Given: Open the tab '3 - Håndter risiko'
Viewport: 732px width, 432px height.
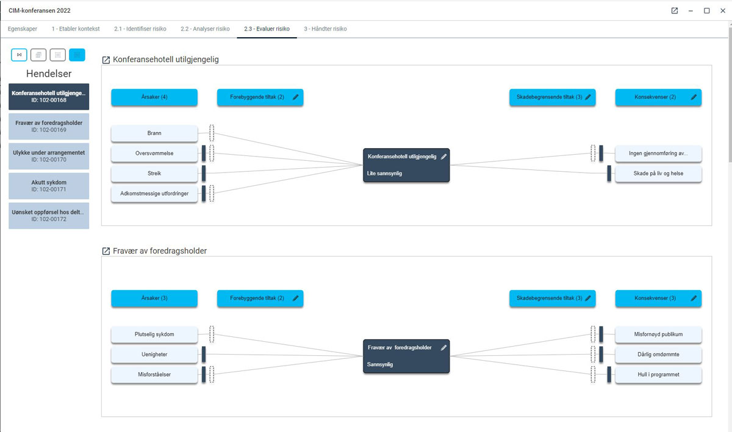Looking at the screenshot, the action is coord(325,29).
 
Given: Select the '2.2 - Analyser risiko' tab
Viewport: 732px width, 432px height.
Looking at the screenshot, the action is coord(205,29).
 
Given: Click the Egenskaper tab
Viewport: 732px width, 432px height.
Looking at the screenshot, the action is coord(23,29).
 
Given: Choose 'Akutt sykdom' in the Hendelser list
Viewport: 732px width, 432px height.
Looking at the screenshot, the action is coord(49,186).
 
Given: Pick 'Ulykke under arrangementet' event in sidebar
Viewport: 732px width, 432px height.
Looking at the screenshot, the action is coord(49,156).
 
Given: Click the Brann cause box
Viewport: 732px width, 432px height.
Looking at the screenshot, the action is coord(154,133).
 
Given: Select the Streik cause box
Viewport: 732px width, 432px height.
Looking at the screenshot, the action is coord(154,174).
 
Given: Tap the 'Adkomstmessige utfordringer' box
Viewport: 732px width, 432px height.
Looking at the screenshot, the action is coord(154,194).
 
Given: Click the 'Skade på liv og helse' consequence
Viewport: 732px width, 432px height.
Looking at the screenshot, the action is coord(658,174).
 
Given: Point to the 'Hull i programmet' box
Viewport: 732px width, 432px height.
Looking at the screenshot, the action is coord(658,375).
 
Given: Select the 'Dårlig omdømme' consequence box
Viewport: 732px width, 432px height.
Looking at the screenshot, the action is coord(658,355).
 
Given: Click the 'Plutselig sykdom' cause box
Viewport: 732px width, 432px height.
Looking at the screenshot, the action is coord(154,335).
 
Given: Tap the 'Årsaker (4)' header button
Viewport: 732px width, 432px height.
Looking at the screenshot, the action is coord(154,97).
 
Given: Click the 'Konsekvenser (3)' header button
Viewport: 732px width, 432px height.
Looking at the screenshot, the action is coord(658,298).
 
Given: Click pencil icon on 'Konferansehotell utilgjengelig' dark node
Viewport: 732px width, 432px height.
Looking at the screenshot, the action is coord(443,157).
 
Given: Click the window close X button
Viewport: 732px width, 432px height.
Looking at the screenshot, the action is coord(722,10).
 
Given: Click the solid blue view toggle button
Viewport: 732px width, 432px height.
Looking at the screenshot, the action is coord(77,55).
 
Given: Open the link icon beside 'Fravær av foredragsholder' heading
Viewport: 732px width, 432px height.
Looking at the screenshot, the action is coord(106,251).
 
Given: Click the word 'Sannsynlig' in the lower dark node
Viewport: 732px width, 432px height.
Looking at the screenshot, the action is coord(379,364).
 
